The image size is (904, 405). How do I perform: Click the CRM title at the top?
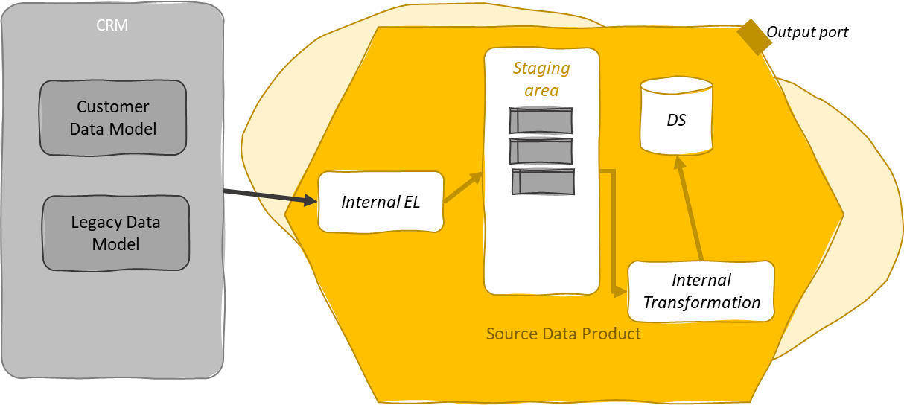pos(112,25)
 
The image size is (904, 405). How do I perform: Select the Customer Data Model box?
pos(113,118)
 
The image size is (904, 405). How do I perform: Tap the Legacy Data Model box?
pos(115,233)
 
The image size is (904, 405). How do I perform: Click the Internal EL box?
pos(381,202)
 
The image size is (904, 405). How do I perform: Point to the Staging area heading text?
pos(541,79)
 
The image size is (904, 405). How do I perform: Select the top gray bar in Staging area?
pos(541,120)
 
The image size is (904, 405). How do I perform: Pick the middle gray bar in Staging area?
pos(541,151)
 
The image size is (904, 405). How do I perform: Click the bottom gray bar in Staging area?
pos(544,182)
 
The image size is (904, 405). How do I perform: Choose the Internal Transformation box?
pos(701,291)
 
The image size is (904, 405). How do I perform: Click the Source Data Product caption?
pos(563,334)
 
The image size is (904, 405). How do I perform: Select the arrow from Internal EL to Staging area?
pos(463,188)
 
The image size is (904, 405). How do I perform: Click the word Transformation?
pos(701,302)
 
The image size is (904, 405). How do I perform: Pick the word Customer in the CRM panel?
pos(113,107)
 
